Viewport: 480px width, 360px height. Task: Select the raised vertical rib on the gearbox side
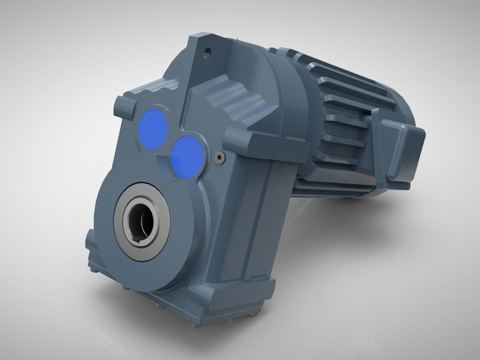(x=250, y=226)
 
